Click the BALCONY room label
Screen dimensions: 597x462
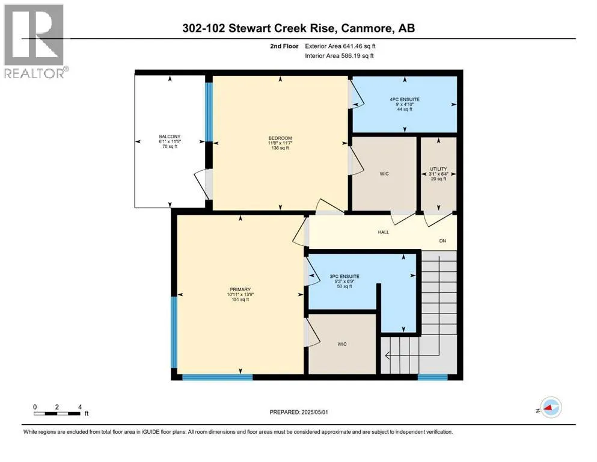(170, 137)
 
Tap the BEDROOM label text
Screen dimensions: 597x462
(280, 138)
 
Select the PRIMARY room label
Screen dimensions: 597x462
(240, 289)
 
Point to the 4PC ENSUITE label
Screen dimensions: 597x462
(405, 99)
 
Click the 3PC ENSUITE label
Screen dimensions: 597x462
(344, 277)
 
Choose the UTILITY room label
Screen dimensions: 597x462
(439, 168)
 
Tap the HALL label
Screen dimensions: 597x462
(384, 232)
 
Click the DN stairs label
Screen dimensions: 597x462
(442, 241)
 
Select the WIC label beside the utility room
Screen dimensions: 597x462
(384, 174)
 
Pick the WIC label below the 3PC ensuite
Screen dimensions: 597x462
(342, 344)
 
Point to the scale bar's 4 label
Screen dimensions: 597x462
(80, 407)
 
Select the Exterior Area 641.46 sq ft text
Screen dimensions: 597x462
(340, 46)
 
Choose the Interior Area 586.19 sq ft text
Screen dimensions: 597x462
(339, 55)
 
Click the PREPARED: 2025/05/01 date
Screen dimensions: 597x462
(299, 412)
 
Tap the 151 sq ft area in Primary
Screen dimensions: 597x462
(240, 300)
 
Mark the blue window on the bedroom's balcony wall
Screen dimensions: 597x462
(209, 112)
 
